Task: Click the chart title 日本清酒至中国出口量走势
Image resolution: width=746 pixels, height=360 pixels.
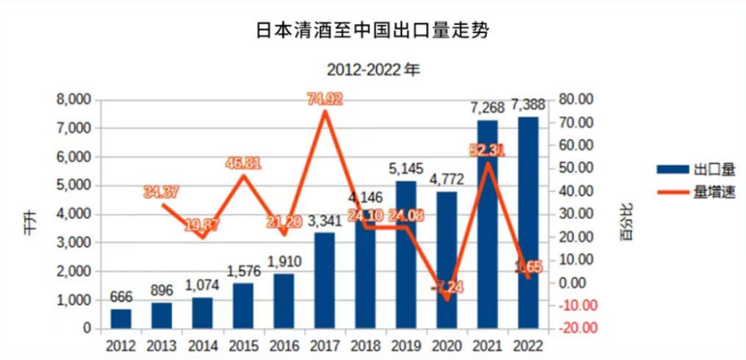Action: pyautogui.click(x=372, y=31)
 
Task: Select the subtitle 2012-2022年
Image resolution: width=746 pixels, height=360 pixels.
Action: pyautogui.click(x=372, y=70)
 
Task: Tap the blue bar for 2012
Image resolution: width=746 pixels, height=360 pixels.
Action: pyautogui.click(x=120, y=319)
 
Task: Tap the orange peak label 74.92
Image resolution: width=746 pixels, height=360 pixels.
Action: pyautogui.click(x=325, y=100)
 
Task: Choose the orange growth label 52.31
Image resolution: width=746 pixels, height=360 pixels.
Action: pyautogui.click(x=488, y=150)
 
